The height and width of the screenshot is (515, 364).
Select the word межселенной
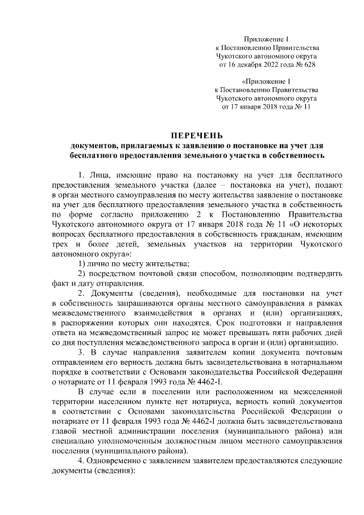(x=318, y=393)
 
